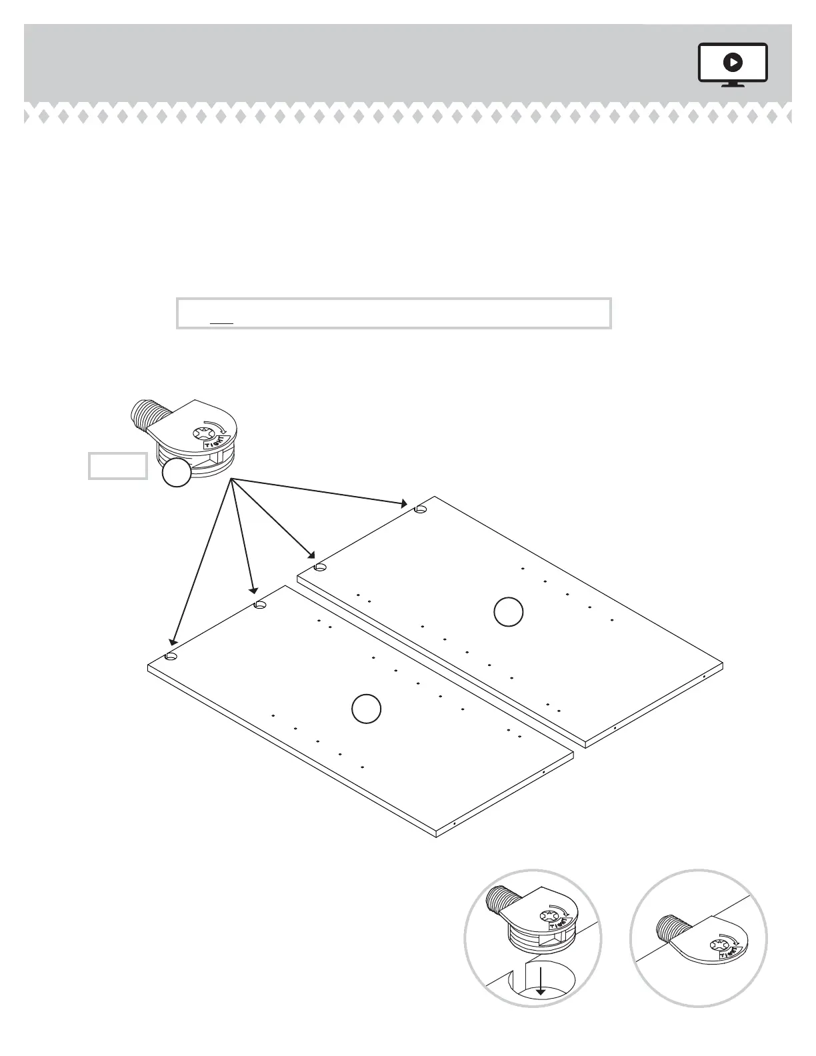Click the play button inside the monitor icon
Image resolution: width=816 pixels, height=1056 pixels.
point(733,63)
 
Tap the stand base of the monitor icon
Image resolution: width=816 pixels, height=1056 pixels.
point(733,85)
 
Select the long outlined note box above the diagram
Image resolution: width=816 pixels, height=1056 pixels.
point(393,313)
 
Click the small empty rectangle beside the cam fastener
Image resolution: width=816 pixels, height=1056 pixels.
point(118,465)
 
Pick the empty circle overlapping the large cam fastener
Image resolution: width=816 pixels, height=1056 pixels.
point(176,473)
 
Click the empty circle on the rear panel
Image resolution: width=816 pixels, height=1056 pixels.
point(508,613)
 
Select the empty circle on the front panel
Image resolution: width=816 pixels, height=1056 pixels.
point(366,709)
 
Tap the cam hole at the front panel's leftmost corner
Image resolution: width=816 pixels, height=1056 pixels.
point(171,657)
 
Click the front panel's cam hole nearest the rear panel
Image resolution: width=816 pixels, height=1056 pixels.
point(260,605)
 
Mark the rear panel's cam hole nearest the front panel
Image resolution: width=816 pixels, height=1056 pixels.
point(320,567)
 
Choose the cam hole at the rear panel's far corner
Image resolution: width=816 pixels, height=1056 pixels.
point(420,509)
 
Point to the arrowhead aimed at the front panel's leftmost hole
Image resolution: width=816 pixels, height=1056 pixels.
point(172,641)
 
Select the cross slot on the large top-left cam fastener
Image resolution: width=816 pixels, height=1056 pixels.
point(202,434)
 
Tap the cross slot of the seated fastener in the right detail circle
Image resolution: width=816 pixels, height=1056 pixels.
point(719,944)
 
